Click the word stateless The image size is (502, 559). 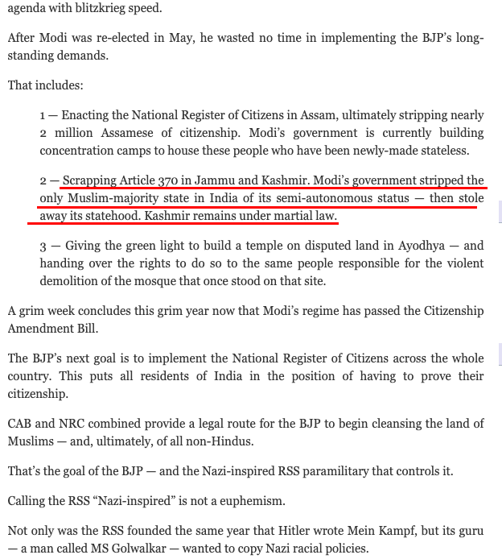tap(456, 150)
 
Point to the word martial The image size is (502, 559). tap(283, 215)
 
